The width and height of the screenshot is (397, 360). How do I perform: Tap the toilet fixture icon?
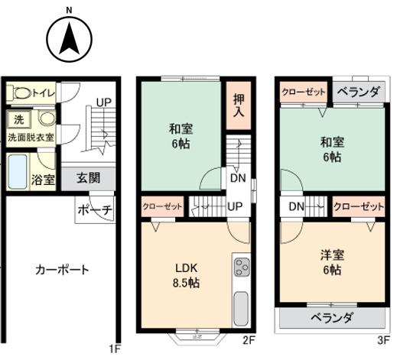[21, 93]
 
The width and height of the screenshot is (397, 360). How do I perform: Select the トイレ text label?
[43, 93]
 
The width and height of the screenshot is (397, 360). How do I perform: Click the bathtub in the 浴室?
[18, 171]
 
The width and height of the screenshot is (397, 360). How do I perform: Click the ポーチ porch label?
[96, 209]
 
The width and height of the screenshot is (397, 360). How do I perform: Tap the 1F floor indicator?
[115, 350]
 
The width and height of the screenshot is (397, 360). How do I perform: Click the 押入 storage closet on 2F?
[239, 105]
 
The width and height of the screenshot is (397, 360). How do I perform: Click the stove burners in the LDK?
[241, 268]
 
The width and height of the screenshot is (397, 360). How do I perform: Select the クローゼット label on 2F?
[161, 206]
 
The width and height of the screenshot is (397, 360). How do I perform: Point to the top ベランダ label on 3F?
[357, 93]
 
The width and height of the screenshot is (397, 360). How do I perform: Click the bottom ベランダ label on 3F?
[331, 318]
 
